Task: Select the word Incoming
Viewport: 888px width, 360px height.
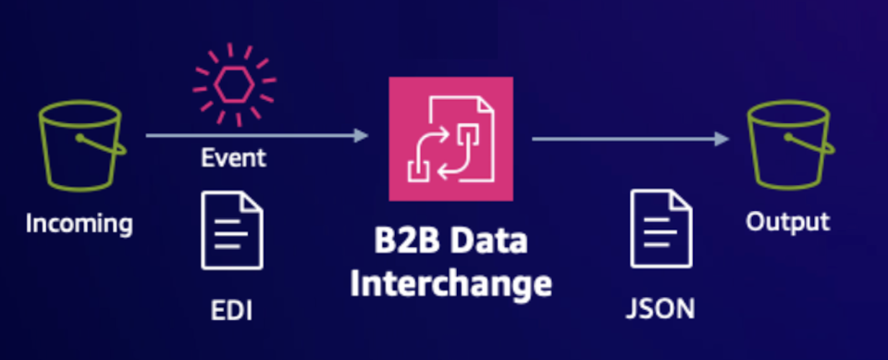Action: click(80, 223)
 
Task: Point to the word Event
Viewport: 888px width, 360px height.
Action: click(233, 157)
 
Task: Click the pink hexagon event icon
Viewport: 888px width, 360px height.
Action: click(233, 86)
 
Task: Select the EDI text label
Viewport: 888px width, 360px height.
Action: click(231, 309)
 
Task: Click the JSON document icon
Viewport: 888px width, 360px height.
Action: click(660, 229)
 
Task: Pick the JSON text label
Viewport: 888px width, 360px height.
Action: click(660, 308)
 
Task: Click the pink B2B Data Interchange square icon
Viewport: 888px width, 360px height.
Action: click(450, 139)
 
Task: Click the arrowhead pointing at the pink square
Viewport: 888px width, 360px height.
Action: click(362, 136)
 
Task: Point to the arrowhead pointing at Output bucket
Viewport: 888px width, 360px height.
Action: click(721, 139)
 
